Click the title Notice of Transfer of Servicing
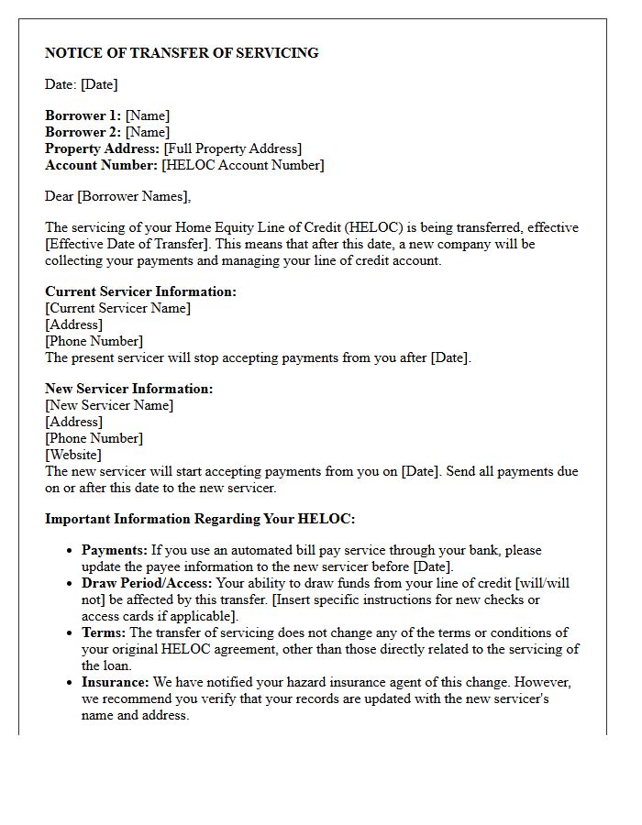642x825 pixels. pos(182,53)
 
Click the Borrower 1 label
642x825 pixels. pos(83,115)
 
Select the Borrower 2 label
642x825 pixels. pos(83,132)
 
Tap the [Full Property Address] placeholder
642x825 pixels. pos(232,148)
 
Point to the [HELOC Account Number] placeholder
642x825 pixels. pos(243,165)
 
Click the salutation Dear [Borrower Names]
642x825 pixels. pos(118,196)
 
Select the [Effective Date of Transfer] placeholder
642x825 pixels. pos(127,244)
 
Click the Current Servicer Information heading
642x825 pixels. pos(140,291)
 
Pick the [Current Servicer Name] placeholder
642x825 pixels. pos(118,308)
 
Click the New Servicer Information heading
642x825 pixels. pos(128,389)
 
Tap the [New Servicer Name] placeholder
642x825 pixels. pos(109,405)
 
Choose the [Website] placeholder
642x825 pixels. pos(73,455)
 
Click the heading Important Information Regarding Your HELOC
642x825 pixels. pos(200,519)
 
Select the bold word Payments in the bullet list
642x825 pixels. pos(115,550)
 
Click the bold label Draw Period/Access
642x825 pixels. pos(147,583)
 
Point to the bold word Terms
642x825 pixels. pos(104,632)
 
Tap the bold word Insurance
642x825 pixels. pos(115,682)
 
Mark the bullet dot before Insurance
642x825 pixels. pos(70,683)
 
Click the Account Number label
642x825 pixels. pos(101,165)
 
